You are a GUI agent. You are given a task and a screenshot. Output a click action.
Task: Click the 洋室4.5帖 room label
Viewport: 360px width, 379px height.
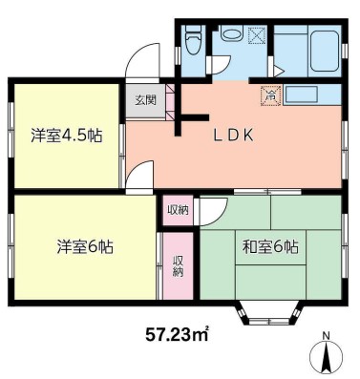66,135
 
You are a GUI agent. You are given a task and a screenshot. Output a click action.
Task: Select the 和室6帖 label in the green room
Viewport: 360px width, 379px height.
269,246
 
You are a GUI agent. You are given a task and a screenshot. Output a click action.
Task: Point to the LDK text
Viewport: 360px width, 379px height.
232,135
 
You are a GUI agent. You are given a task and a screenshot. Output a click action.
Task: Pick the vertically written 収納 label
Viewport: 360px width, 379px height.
179,265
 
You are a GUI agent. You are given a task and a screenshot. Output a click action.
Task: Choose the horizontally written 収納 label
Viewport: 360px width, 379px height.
178,209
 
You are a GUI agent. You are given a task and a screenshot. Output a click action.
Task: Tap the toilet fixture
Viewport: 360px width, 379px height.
193,42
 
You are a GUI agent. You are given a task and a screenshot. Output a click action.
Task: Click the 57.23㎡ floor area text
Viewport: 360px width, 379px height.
178,334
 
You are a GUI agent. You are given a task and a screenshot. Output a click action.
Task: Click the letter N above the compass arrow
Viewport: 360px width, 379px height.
327,336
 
